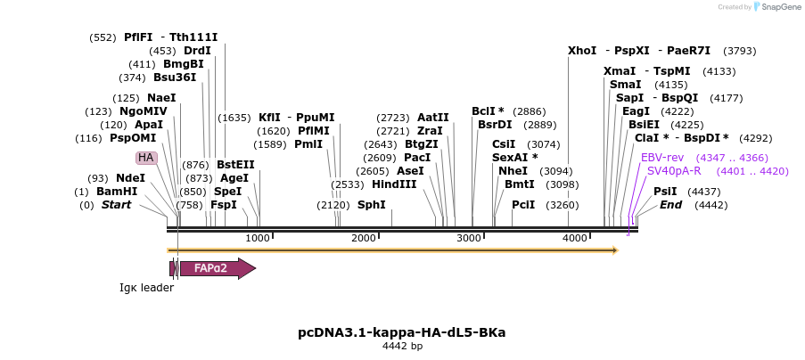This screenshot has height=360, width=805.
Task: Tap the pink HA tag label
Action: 145,158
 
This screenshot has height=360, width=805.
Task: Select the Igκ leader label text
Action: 147,288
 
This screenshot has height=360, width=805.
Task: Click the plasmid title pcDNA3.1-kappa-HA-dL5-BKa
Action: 402,332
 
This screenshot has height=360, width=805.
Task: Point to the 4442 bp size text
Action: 402,346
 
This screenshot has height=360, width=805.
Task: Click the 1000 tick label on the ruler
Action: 257,238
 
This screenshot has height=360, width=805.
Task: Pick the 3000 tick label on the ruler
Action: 469,238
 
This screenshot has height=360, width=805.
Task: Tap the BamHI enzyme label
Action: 117,192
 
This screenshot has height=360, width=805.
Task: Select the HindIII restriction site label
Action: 394,184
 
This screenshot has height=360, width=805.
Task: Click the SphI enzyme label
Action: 372,205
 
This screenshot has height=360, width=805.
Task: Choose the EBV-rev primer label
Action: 662,157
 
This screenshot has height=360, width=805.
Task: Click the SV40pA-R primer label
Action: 674,170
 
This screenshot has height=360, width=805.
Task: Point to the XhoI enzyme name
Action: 582,51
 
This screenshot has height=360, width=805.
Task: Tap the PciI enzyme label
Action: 523,205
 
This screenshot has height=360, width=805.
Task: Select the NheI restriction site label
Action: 513,170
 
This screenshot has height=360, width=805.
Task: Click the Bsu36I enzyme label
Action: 175,77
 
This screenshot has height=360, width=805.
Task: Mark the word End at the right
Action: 670,205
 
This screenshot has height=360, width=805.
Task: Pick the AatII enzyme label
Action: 433,118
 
